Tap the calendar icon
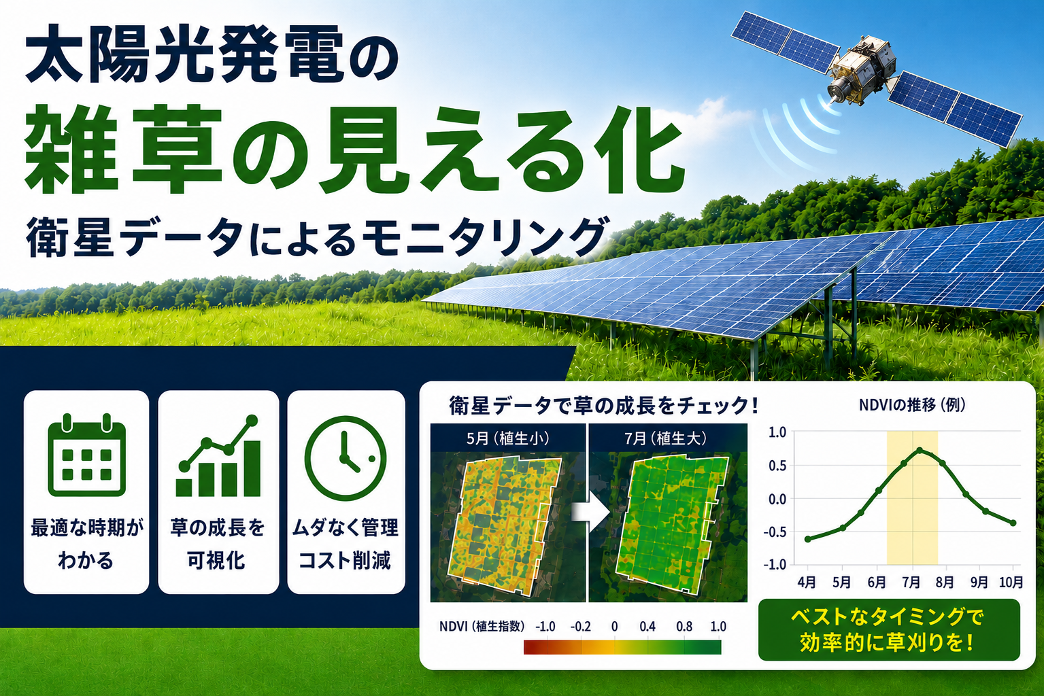coord(86,455)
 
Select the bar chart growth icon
coord(218,455)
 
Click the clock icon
coord(346,458)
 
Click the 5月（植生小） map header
coord(507,438)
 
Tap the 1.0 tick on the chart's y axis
coord(777,432)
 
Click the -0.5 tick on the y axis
coord(775,532)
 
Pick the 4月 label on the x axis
coord(807,582)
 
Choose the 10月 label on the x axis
coord(1011,582)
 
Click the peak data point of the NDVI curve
coord(920,451)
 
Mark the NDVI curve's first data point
coord(808,539)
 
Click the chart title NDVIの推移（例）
coord(912,405)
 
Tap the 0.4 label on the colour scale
coord(647,627)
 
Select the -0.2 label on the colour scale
coord(580,627)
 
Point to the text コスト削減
coord(344,560)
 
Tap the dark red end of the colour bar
coord(529,647)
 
